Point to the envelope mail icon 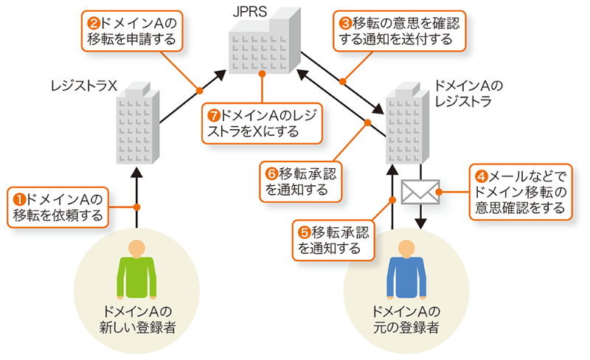click(420, 193)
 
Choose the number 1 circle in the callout click(20, 198)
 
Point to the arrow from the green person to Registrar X click(137, 195)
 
